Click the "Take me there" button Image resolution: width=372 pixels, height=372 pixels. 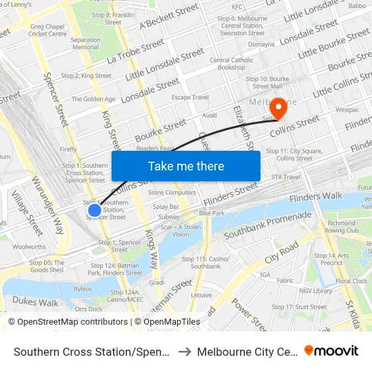186,166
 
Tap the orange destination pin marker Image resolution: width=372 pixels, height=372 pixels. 278,108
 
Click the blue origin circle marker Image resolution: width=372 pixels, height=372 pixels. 95,210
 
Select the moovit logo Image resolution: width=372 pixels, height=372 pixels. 331,351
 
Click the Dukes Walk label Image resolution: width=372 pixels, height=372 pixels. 35,302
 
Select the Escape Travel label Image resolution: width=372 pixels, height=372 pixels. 190,97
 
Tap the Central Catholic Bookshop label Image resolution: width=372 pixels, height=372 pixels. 231,64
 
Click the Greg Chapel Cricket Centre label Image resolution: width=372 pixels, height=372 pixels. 48,30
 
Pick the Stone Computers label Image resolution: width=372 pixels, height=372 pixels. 171,193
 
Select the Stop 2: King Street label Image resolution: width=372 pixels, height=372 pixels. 86,76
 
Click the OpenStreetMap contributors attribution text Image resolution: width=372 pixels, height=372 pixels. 68,322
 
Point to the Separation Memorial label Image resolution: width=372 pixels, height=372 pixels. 85,43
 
